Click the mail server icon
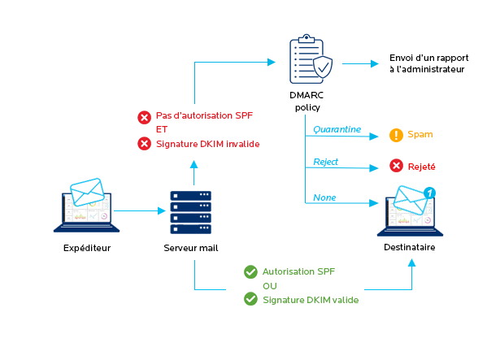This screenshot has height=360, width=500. (x=193, y=212)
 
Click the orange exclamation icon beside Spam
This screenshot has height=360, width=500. (x=396, y=135)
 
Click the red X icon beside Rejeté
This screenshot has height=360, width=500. (x=396, y=166)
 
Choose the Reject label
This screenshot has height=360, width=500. (x=326, y=162)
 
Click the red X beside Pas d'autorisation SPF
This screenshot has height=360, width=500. (x=144, y=117)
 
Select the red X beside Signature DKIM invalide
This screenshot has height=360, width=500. (x=144, y=144)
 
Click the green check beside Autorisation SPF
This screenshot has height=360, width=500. (x=250, y=271)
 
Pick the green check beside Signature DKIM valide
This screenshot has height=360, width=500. (x=250, y=299)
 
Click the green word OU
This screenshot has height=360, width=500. (x=270, y=286)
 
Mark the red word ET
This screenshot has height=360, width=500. (x=163, y=130)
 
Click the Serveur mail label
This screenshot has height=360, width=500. (x=193, y=248)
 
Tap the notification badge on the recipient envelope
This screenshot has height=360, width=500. (x=428, y=193)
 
